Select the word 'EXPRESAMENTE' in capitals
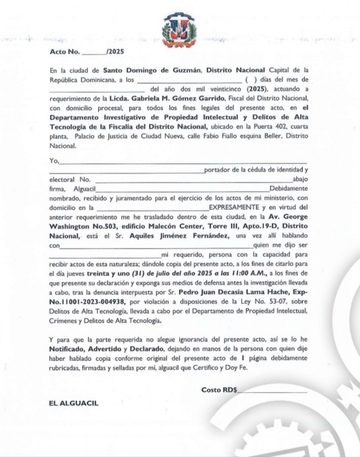coord(234,207)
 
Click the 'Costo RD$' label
coord(219,390)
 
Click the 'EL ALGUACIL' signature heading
coord(74,403)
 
